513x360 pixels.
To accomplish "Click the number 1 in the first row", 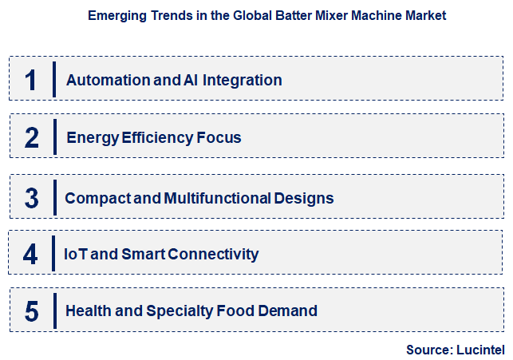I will [x=31, y=80].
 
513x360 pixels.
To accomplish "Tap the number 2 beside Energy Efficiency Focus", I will [x=31, y=137].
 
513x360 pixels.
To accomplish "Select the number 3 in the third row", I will [x=31, y=197].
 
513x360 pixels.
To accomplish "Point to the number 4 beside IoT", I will [x=30, y=254].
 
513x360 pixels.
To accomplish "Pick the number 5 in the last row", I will [x=31, y=311].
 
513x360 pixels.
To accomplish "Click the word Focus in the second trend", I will [x=219, y=137].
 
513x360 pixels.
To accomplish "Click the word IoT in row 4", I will [x=77, y=254].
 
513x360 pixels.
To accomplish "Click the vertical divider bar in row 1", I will [x=54, y=80].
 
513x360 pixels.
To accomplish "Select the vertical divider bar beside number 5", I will [x=54, y=311].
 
